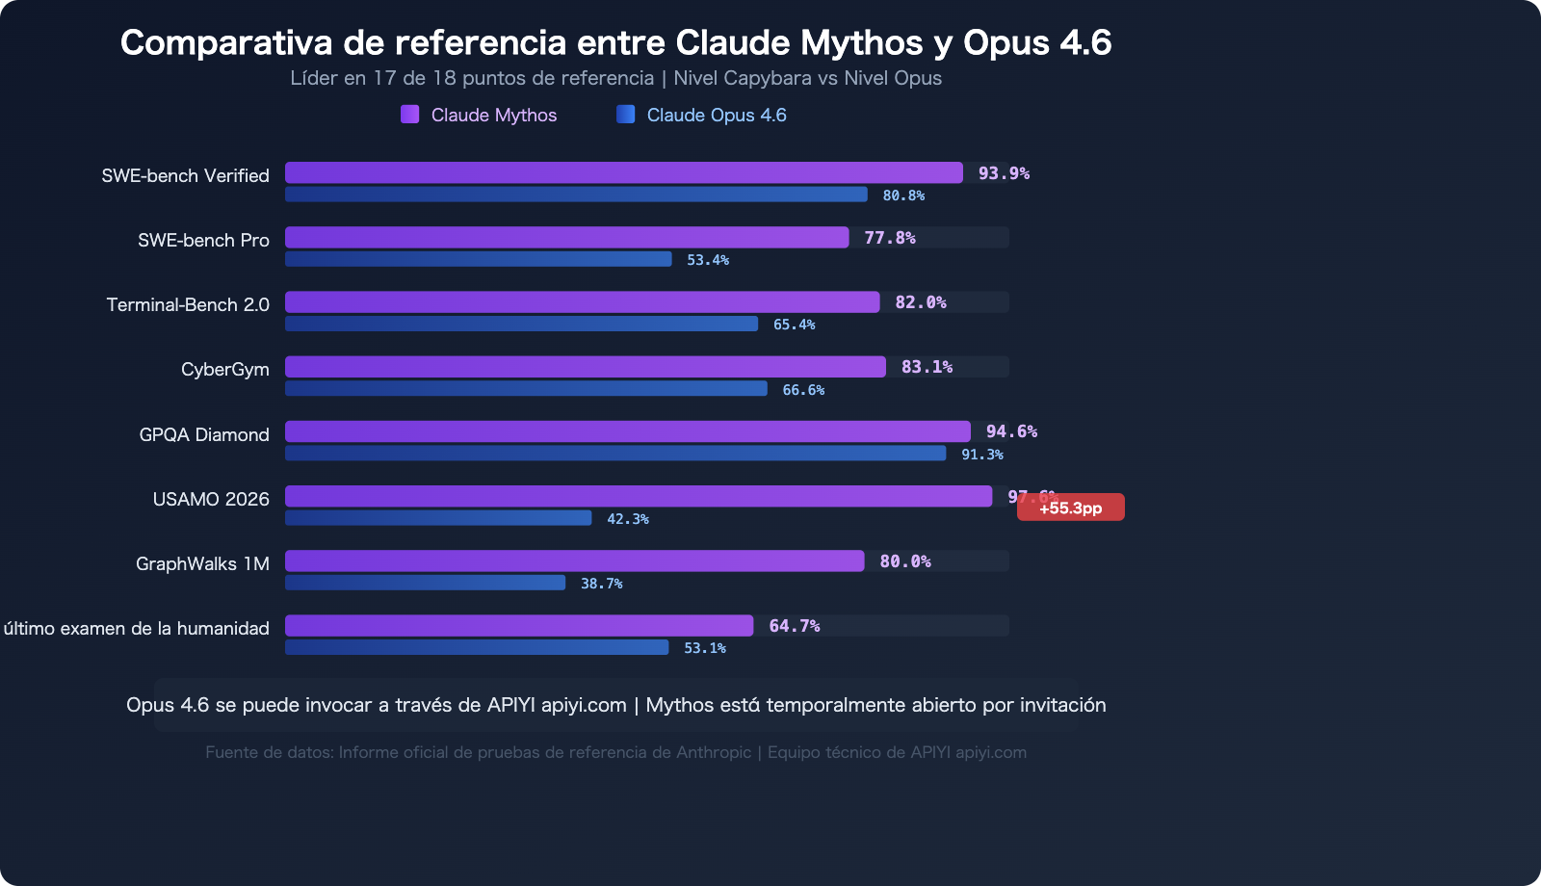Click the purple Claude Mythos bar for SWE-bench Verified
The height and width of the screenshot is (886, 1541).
click(623, 172)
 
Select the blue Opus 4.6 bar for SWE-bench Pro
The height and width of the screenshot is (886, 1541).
click(478, 259)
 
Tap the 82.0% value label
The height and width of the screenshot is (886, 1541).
click(920, 302)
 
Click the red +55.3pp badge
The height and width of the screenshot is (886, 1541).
click(1070, 508)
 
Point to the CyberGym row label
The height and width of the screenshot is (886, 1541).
click(224, 370)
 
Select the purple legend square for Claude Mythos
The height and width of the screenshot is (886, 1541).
click(409, 115)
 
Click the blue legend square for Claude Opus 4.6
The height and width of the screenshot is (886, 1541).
click(625, 115)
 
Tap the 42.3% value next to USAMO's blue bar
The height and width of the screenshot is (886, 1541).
click(627, 519)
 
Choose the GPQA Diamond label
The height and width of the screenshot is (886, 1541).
click(203, 434)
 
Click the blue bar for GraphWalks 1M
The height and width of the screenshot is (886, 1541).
click(425, 583)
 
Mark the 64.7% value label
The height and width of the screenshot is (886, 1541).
click(794, 626)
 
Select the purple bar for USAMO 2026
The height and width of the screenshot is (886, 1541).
click(638, 496)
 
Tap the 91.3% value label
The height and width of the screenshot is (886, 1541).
click(981, 455)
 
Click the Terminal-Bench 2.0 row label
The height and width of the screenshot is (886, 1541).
click(188, 305)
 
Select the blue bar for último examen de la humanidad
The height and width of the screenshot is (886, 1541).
click(477, 647)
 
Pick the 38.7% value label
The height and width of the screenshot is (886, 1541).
click(601, 584)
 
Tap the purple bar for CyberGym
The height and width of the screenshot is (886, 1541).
click(585, 367)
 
